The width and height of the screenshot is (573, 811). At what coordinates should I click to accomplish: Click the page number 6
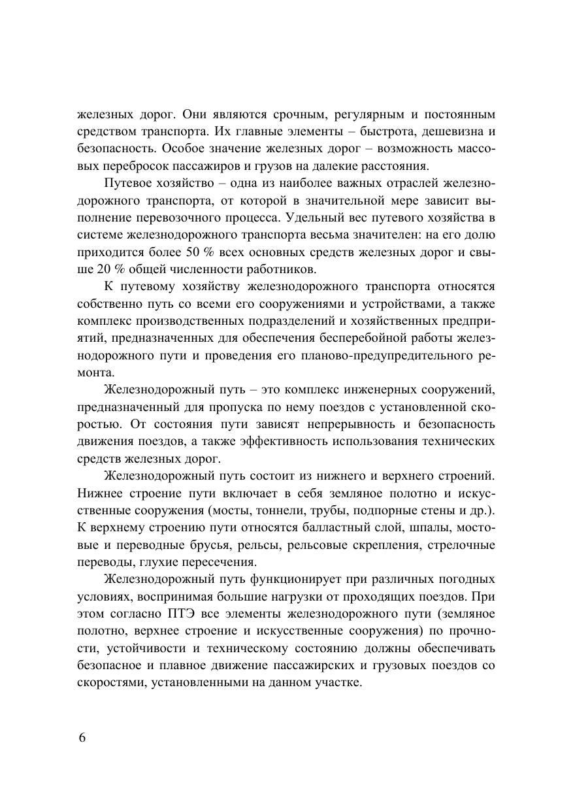(x=82, y=737)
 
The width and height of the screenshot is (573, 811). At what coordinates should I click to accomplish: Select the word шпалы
(x=415, y=527)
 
